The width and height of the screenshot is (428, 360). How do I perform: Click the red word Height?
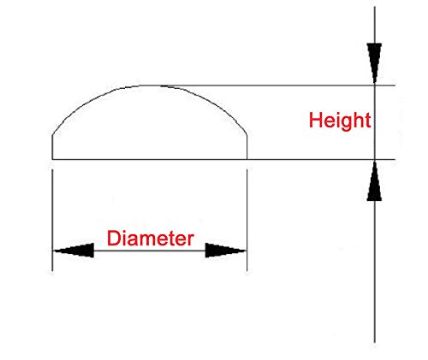[340, 121]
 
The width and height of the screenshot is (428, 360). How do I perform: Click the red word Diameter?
[151, 239]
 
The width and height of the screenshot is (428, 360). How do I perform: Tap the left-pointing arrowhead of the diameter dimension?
[74, 251]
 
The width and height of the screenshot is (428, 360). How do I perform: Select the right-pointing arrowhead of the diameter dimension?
[225, 251]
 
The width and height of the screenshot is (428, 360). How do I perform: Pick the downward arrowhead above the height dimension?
[374, 63]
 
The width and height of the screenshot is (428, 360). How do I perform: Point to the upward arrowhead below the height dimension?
[374, 180]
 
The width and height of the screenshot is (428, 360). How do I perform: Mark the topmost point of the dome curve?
[151, 86]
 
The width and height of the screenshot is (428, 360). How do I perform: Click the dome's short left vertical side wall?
[52, 147]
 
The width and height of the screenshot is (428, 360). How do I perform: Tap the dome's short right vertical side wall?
[247, 147]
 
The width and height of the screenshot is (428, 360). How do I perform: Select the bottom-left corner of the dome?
[52, 159]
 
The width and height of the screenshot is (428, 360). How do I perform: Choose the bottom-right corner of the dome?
[247, 159]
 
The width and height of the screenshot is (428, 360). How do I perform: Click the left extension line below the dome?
[52, 220]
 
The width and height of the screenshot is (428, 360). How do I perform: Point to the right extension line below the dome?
[247, 220]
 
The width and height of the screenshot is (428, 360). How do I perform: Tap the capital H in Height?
[316, 121]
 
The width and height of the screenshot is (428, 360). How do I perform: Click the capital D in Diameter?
[114, 239]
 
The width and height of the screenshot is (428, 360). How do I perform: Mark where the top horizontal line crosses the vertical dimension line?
[375, 86]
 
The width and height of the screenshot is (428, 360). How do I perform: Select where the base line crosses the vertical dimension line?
[375, 159]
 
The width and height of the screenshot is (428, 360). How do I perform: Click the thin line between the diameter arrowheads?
[150, 251]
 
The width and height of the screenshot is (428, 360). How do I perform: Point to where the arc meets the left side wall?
[52, 134]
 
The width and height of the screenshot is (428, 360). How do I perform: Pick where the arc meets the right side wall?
[247, 134]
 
